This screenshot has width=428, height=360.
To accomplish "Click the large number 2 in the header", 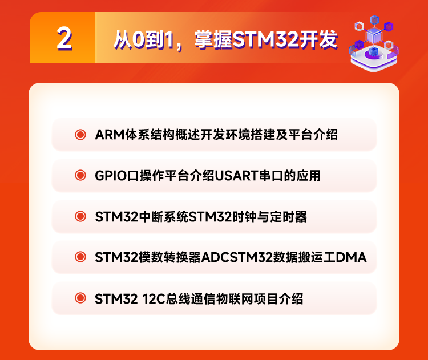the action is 64,39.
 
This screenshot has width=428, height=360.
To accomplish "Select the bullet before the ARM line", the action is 80,134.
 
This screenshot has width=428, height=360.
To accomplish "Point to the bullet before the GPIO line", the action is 80,175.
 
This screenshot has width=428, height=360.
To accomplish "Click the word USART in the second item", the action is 236,176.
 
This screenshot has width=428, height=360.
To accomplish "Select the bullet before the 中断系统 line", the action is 80,216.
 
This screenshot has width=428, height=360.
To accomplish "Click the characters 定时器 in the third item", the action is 289,217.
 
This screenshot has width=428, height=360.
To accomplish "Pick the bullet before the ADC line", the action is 80,257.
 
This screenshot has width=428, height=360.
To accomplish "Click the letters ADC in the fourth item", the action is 215,257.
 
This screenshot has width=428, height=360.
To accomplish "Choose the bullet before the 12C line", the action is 80,298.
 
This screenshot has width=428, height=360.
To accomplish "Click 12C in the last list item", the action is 154,299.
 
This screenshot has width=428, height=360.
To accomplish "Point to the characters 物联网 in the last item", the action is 235,299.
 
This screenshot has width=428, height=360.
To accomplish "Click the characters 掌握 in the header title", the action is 213,40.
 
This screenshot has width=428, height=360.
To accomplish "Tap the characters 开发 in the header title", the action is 318,40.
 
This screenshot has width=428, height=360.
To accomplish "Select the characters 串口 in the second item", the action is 270,176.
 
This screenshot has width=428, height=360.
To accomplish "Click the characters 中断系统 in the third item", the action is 163,217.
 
